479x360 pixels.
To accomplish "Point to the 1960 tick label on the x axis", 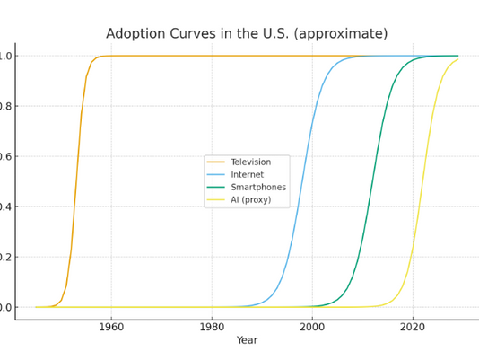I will [x=111, y=327].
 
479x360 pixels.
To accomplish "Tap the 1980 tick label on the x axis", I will [x=212, y=327].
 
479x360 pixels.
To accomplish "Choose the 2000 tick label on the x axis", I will [x=312, y=327].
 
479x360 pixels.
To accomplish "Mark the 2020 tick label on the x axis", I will [x=413, y=327].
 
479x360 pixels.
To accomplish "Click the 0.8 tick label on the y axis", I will [x=5, y=106].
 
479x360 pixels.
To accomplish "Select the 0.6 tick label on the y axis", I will [x=5, y=156].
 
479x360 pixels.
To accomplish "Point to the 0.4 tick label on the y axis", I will [x=5, y=206].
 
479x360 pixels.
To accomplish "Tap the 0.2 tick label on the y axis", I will [x=5, y=257].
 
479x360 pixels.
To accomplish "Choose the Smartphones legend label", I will [x=258, y=188].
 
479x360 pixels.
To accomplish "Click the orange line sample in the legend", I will [x=217, y=162].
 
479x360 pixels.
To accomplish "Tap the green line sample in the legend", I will [x=217, y=188].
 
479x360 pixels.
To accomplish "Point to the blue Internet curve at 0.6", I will [x=306, y=156].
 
